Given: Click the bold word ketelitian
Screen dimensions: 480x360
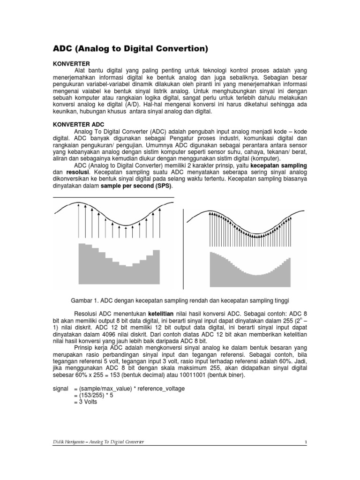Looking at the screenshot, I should tap(167, 313).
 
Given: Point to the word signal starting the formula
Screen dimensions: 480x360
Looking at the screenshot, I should tap(60, 389).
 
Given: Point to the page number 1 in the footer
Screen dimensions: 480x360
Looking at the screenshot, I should tap(305, 442).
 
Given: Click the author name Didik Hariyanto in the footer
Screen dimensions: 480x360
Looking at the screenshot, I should tap(70, 442).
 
